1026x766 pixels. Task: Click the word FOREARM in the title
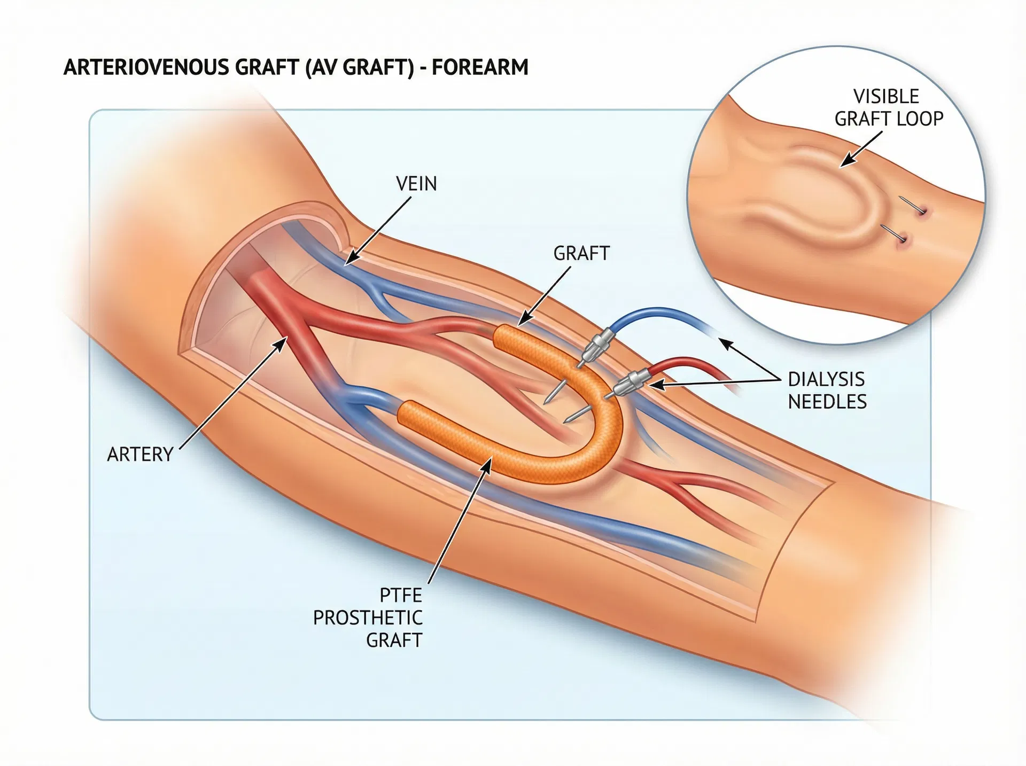480,68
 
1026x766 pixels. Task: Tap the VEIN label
416,184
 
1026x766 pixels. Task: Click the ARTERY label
140,455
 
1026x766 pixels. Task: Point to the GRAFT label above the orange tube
581,253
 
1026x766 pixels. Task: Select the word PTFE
401,595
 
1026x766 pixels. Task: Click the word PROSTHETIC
368,618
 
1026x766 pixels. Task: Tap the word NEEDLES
827,402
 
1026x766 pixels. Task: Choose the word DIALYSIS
826,379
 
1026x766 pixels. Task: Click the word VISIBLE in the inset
886,97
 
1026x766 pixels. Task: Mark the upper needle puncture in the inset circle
923,213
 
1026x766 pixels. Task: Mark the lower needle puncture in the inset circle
904,240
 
